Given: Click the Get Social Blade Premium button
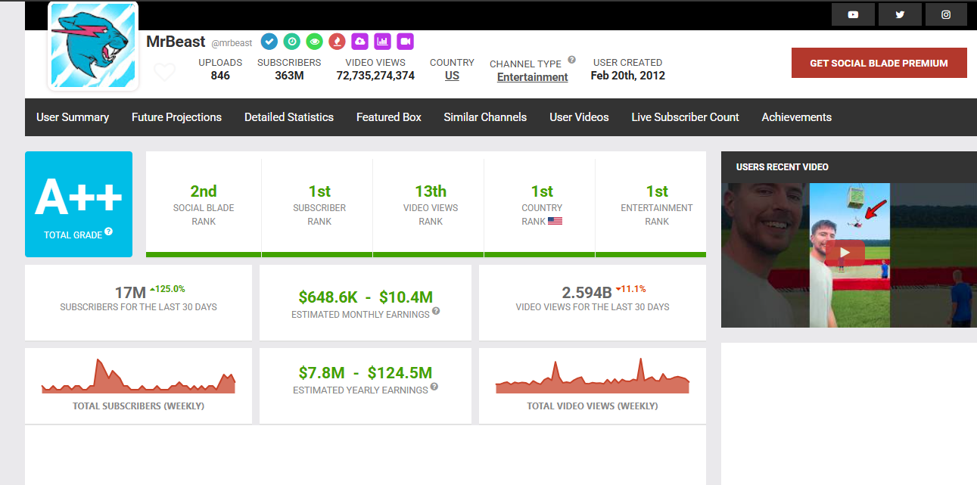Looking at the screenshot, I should [879, 63].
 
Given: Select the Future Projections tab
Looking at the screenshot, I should [176, 117].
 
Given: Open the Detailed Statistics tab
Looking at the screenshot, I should [288, 117].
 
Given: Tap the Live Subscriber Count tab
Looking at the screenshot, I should [685, 117].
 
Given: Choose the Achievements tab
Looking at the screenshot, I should [796, 117].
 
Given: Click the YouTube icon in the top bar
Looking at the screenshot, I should [853, 14].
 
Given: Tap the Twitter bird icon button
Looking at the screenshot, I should [900, 14].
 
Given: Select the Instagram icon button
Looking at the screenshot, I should [946, 14].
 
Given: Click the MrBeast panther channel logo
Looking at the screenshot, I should [93, 45].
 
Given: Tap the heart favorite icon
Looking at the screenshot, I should [164, 73].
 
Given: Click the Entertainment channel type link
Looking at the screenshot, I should [532, 77].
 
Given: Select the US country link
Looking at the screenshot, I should [452, 76].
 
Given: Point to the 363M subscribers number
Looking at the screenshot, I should [289, 76].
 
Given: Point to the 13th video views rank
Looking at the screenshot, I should [431, 191].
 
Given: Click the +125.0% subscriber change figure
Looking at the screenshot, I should [167, 289].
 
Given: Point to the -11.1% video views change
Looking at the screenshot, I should [630, 289].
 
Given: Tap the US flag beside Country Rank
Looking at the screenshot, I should [555, 222].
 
